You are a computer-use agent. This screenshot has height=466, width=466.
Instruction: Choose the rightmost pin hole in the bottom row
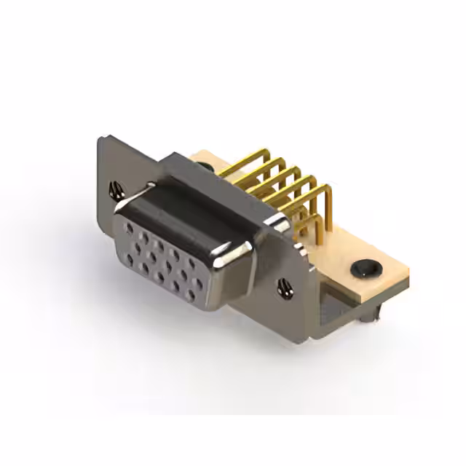[x=191, y=295]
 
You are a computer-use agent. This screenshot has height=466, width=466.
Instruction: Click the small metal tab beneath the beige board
[x=377, y=313]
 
